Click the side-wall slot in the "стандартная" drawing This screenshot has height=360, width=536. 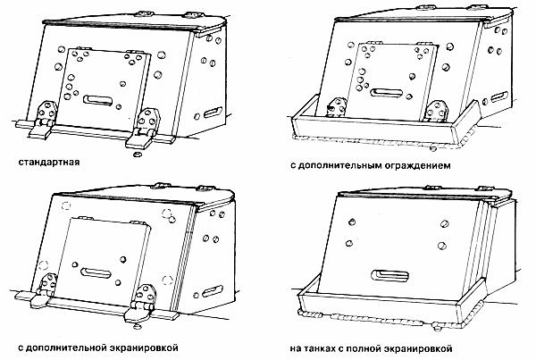[x=212, y=114]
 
